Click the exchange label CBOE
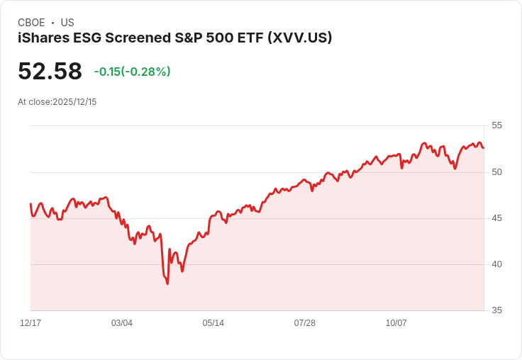(31, 23)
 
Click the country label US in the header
(67, 23)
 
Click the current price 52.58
(50, 72)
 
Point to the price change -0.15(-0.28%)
(132, 72)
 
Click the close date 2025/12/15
(74, 102)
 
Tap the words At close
(34, 102)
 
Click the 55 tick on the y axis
(496, 125)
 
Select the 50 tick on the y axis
(496, 172)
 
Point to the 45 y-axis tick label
(496, 218)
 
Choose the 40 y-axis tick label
(496, 264)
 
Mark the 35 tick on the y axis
(496, 310)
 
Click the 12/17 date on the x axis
(30, 323)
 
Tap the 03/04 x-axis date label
(122, 323)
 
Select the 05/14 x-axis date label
(213, 323)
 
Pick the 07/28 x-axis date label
(305, 323)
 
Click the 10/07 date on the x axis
(396, 323)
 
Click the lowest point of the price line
(167, 283)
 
